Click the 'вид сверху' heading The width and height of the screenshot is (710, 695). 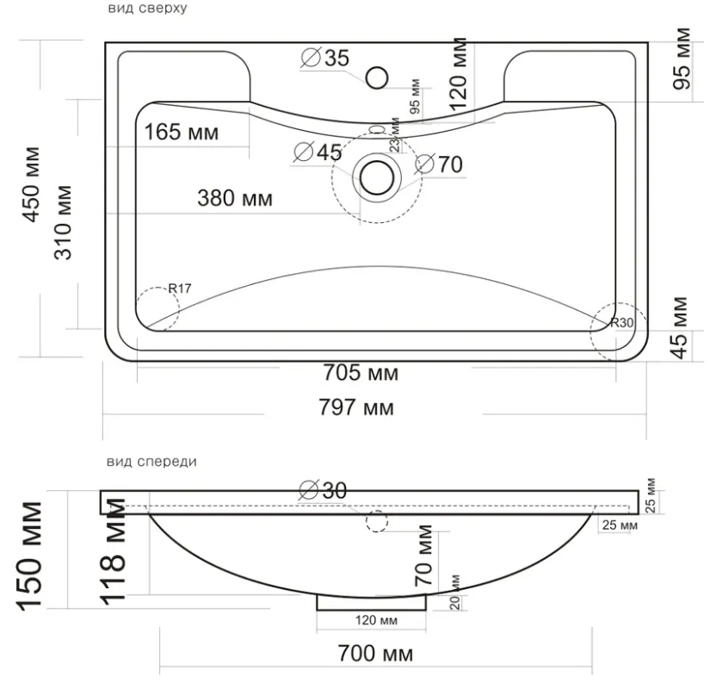coord(147,8)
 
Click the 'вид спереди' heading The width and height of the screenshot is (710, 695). coord(151,462)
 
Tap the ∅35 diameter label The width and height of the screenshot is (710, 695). coord(325,58)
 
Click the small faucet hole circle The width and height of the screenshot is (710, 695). coord(377,78)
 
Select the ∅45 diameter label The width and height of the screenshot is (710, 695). coord(318,152)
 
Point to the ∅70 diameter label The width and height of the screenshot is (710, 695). coord(439,164)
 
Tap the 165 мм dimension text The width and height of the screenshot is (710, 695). coord(181,133)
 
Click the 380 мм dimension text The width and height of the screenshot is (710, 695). coord(235,198)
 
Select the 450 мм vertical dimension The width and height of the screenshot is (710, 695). coord(31,185)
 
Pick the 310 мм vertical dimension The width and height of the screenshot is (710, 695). coord(63,222)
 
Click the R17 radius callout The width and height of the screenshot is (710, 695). coord(180,289)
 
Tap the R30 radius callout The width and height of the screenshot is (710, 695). coord(621,323)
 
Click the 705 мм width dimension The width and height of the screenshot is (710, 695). coord(361,373)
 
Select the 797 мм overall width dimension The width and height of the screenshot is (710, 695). coord(356,406)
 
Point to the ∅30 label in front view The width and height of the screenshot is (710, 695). coord(324,490)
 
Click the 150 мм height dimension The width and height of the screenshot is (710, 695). coord(30,555)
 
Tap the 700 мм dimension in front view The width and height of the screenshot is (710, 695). coord(375,654)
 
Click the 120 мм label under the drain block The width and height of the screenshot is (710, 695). coord(376,620)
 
